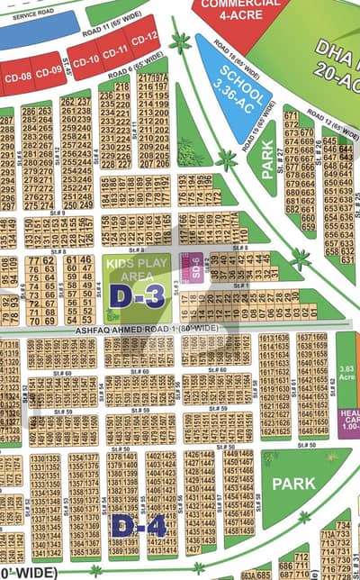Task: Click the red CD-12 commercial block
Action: click(x=144, y=37)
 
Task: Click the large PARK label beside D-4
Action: click(x=293, y=484)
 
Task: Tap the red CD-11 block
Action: click(x=114, y=50)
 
